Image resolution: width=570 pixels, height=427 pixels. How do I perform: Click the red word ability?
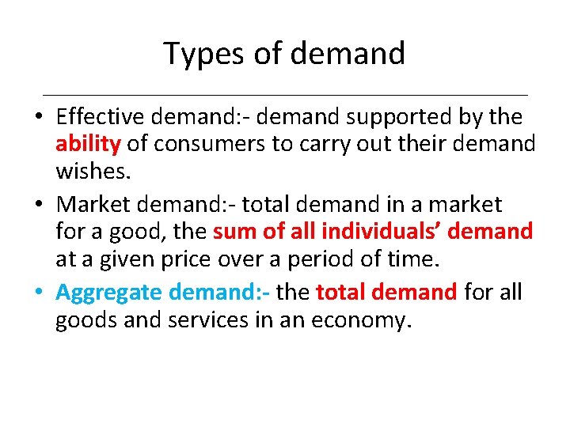point(87,145)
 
